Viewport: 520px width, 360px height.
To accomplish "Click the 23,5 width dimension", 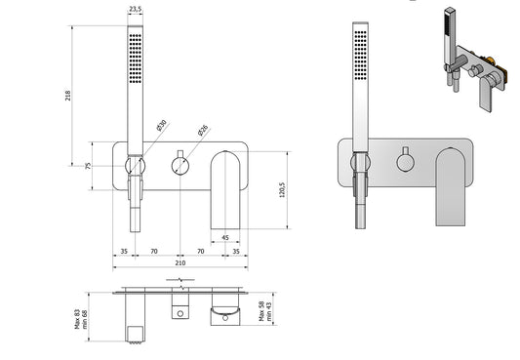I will tap(134, 9).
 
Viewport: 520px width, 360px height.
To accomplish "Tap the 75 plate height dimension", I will tap(88, 166).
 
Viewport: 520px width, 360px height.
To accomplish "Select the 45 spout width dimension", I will tap(225, 237).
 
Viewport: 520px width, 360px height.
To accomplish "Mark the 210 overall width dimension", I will tap(181, 263).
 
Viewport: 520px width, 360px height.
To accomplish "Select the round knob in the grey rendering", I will tap(404, 159).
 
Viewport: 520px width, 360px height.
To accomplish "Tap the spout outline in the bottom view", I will tap(225, 312).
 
